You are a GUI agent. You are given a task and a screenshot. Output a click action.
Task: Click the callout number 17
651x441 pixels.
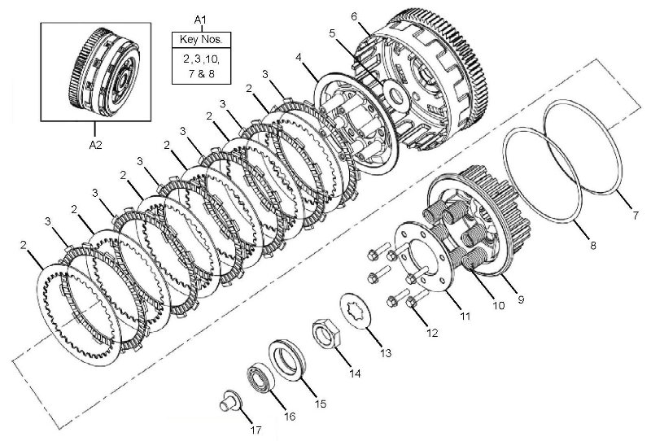point(256,430)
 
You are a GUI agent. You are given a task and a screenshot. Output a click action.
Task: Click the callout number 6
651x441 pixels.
point(354,16)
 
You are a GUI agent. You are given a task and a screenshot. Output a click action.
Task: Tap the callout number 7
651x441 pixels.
point(636,216)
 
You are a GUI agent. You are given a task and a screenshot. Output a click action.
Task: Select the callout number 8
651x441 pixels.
point(593,246)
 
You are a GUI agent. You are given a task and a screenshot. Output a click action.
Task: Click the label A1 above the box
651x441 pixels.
point(200,19)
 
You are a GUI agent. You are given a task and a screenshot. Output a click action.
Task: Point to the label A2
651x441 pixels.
point(95,145)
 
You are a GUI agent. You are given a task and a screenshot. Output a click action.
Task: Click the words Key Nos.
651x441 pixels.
point(201,40)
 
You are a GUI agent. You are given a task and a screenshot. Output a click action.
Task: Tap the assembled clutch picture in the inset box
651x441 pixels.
point(104,72)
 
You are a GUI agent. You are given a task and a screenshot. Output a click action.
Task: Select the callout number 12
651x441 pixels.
point(432,333)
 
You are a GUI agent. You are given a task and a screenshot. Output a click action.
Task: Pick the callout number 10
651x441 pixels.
point(498,305)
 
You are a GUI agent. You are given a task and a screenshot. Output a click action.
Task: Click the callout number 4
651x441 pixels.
point(298,57)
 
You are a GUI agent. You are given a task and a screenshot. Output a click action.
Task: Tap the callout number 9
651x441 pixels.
point(521,299)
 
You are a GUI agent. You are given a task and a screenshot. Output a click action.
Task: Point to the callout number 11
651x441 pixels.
point(465,317)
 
